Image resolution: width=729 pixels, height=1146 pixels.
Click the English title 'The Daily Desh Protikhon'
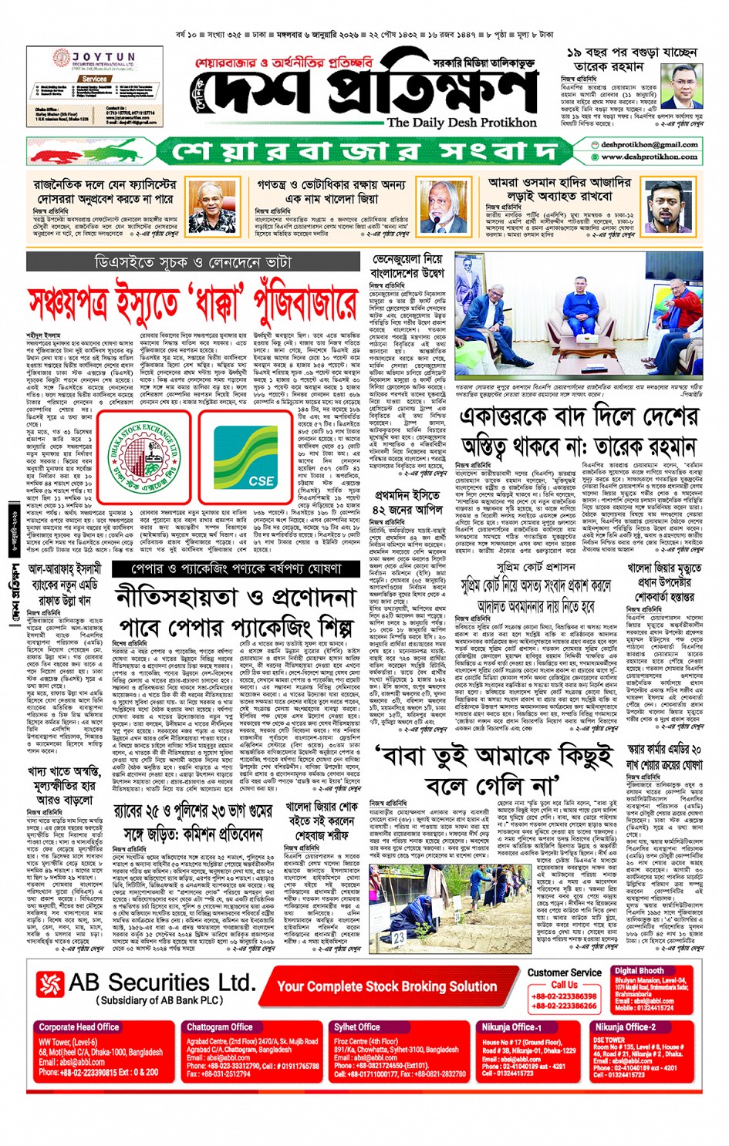461,122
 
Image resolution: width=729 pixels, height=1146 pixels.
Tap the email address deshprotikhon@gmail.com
649,144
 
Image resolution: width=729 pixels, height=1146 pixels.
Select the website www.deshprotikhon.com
649,157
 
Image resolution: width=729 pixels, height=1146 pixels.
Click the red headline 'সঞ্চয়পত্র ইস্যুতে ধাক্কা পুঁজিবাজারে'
193,303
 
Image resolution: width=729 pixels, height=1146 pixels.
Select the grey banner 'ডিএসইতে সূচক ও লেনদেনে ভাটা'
193,264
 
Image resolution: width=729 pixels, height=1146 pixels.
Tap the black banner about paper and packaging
238,569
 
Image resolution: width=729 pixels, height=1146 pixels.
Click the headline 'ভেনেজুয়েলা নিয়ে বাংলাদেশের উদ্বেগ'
407,267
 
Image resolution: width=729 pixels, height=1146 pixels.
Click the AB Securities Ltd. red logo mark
49,984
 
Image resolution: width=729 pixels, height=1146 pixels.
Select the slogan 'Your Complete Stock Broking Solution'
386,986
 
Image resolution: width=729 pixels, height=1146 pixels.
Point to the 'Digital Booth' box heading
639,971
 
